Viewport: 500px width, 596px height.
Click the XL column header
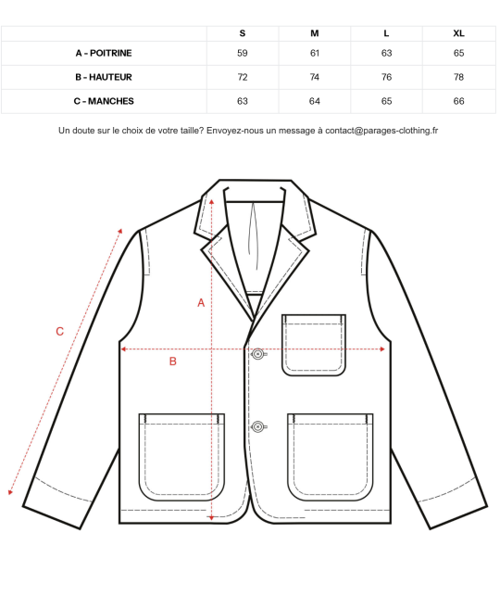458,33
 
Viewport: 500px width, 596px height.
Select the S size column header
243,33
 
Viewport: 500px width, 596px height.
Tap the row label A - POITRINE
104,53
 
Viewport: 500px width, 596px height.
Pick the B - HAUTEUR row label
104,77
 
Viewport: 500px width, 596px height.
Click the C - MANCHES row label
104,101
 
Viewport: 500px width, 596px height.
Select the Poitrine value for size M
315,53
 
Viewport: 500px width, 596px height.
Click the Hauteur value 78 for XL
458,77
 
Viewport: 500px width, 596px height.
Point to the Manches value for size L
386,101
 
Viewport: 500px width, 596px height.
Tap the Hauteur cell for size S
243,77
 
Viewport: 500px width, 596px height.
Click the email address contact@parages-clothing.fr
381,131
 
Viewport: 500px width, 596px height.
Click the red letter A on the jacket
201,302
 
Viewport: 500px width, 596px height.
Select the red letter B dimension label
173,361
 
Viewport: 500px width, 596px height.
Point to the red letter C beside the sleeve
59,332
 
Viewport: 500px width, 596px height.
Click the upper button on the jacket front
257,354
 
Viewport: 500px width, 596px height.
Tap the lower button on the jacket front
257,426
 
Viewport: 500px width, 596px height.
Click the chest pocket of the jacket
314,345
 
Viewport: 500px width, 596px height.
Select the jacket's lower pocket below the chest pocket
331,457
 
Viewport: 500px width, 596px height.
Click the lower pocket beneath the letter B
181,457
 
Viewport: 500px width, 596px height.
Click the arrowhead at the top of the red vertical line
211,201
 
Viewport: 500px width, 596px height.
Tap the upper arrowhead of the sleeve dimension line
120,231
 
